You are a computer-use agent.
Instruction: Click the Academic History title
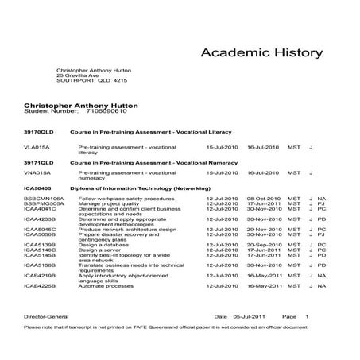click(x=261, y=53)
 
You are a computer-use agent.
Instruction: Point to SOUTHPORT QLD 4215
click(x=91, y=81)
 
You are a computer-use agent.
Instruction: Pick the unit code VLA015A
click(x=37, y=147)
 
